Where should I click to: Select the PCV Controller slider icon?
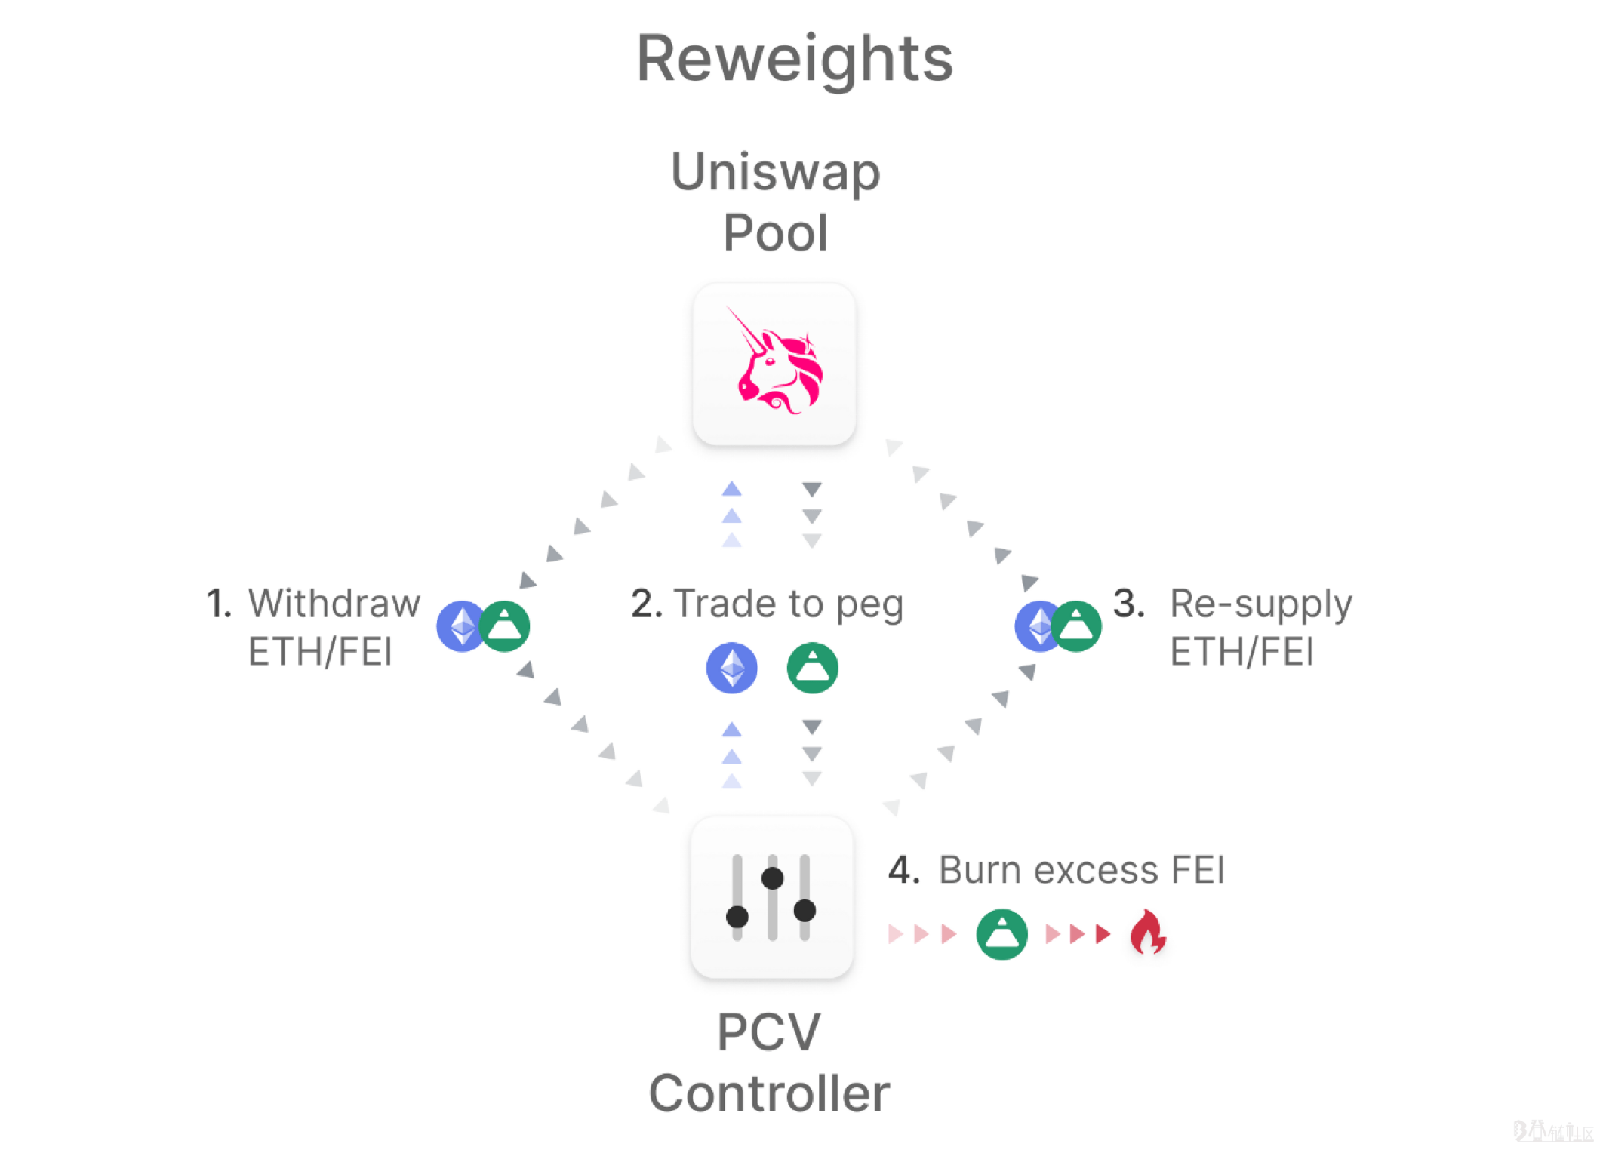(x=771, y=897)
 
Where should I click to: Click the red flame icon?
(x=1148, y=932)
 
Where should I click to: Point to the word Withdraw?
(x=334, y=604)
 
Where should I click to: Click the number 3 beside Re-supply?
(x=1128, y=604)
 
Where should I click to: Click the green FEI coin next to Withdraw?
(x=505, y=626)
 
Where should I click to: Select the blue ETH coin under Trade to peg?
(x=731, y=668)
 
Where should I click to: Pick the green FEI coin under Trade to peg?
(x=812, y=668)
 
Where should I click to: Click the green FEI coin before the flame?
(x=1001, y=934)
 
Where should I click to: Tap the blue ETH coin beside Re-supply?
(x=1037, y=626)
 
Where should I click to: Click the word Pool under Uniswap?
(x=775, y=232)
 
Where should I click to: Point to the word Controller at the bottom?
(x=769, y=1093)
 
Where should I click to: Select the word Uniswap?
(x=775, y=172)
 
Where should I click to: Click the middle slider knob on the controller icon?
(x=772, y=878)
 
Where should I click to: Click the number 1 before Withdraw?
(x=218, y=604)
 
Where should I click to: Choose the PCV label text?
(x=768, y=1031)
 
